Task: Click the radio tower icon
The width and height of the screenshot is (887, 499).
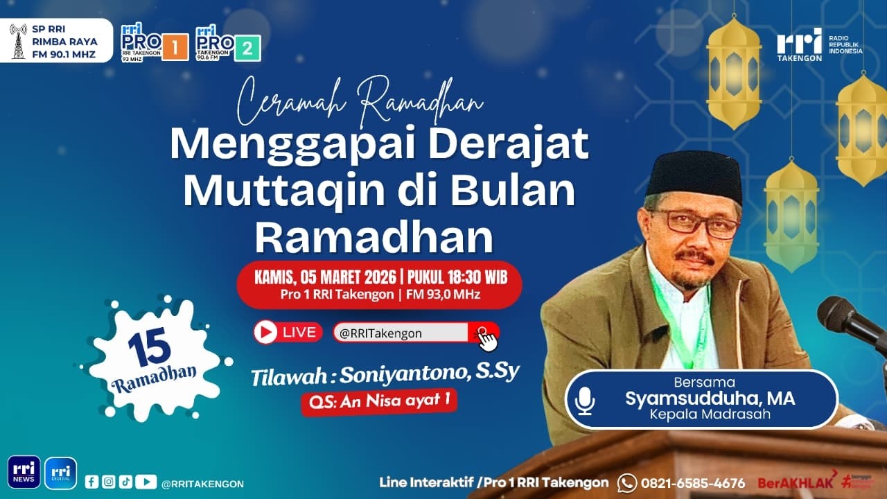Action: point(18,41)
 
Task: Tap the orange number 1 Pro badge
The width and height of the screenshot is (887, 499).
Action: point(175,48)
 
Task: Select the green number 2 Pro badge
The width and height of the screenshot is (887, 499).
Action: point(247,48)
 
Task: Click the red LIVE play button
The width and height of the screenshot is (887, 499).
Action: point(265,332)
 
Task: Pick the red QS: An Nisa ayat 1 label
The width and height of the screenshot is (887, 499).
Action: point(378,401)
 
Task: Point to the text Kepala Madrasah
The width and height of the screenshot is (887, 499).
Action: point(709,415)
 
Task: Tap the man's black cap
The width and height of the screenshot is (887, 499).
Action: point(694,175)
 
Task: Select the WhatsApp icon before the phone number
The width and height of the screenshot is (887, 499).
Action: point(626,482)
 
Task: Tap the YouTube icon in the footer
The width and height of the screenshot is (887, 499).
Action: point(146,482)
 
